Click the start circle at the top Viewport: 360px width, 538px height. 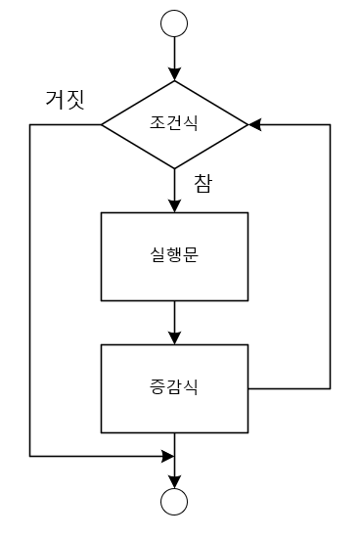(175, 23)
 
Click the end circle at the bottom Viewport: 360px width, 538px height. (175, 501)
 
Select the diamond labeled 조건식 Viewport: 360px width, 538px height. (175, 125)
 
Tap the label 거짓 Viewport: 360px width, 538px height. (66, 99)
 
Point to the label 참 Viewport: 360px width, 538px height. (203, 184)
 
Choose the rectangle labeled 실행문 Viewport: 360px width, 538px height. (175, 256)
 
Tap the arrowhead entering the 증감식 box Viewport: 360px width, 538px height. (175, 336)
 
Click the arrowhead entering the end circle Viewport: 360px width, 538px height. (175, 480)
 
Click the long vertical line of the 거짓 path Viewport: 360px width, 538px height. (30, 293)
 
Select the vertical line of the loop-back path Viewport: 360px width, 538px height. (330, 254)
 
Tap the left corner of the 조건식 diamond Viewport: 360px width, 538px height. (103, 125)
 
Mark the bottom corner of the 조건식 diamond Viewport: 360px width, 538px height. (175, 171)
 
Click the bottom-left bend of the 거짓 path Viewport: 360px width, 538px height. (30, 456)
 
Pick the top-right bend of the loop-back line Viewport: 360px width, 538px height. (330, 125)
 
